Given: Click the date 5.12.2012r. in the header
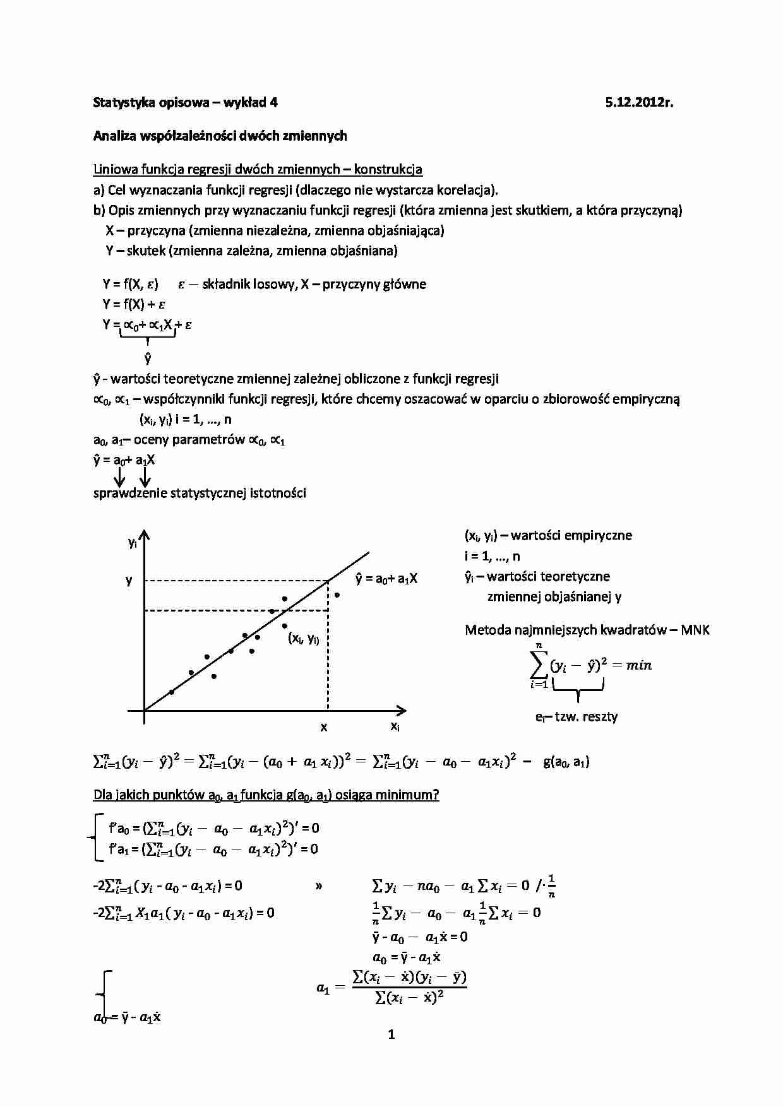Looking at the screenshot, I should point(639,103).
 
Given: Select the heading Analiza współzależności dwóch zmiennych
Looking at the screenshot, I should point(220,136).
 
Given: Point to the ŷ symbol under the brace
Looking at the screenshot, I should point(148,358).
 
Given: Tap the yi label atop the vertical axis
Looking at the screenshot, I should point(132,543).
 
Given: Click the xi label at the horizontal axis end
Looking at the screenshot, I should point(395,726).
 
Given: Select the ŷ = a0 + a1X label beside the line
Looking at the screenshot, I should point(386,578).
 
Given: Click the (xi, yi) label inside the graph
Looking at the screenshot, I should point(304,638).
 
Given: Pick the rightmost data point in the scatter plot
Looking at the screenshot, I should point(337,595).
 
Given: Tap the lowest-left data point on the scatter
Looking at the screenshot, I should point(171,692).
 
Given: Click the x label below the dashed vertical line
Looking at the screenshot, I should point(324,727).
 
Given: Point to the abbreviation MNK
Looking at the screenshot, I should point(695,630).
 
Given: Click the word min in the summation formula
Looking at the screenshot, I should point(638,665).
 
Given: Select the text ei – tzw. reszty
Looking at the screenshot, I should point(576,716).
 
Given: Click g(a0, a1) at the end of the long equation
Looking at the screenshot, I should point(566,762).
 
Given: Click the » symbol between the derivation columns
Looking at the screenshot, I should point(318,886).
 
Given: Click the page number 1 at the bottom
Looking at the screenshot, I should point(391,1034).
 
